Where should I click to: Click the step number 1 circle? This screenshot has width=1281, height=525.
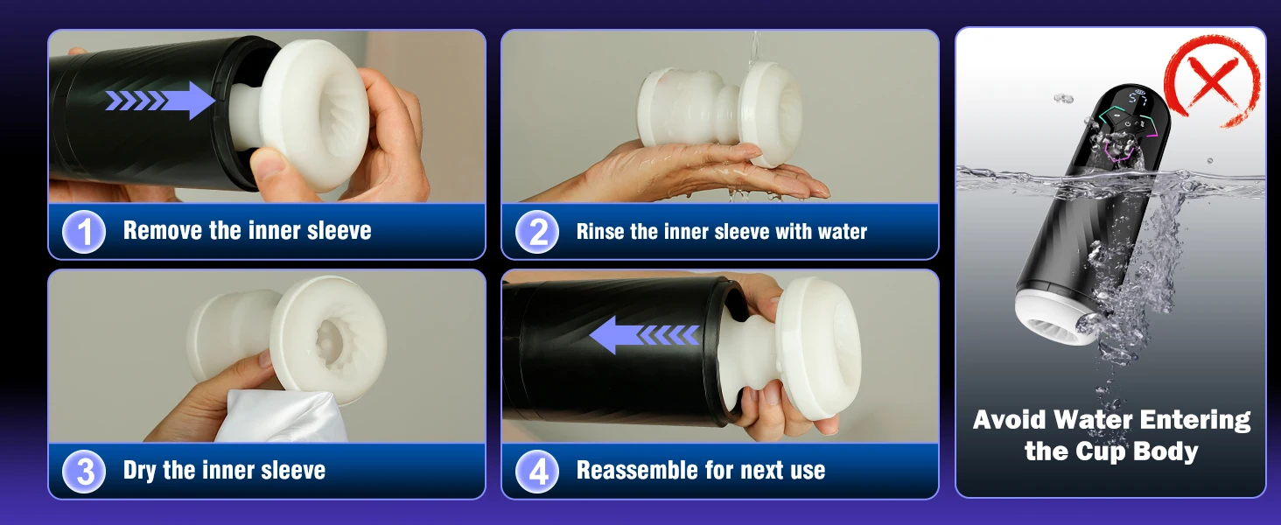[84, 232]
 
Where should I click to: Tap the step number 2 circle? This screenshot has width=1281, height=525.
[537, 232]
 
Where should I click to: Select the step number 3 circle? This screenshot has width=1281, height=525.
[84, 472]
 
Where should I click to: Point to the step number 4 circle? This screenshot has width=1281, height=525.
[537, 472]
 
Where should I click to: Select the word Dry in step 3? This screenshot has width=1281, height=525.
[139, 471]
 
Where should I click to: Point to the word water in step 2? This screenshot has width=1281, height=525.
[843, 232]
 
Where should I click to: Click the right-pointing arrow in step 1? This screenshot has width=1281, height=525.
[159, 101]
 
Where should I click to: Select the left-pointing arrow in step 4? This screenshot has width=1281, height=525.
[644, 335]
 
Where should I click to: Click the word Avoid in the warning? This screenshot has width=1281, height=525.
[1009, 420]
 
